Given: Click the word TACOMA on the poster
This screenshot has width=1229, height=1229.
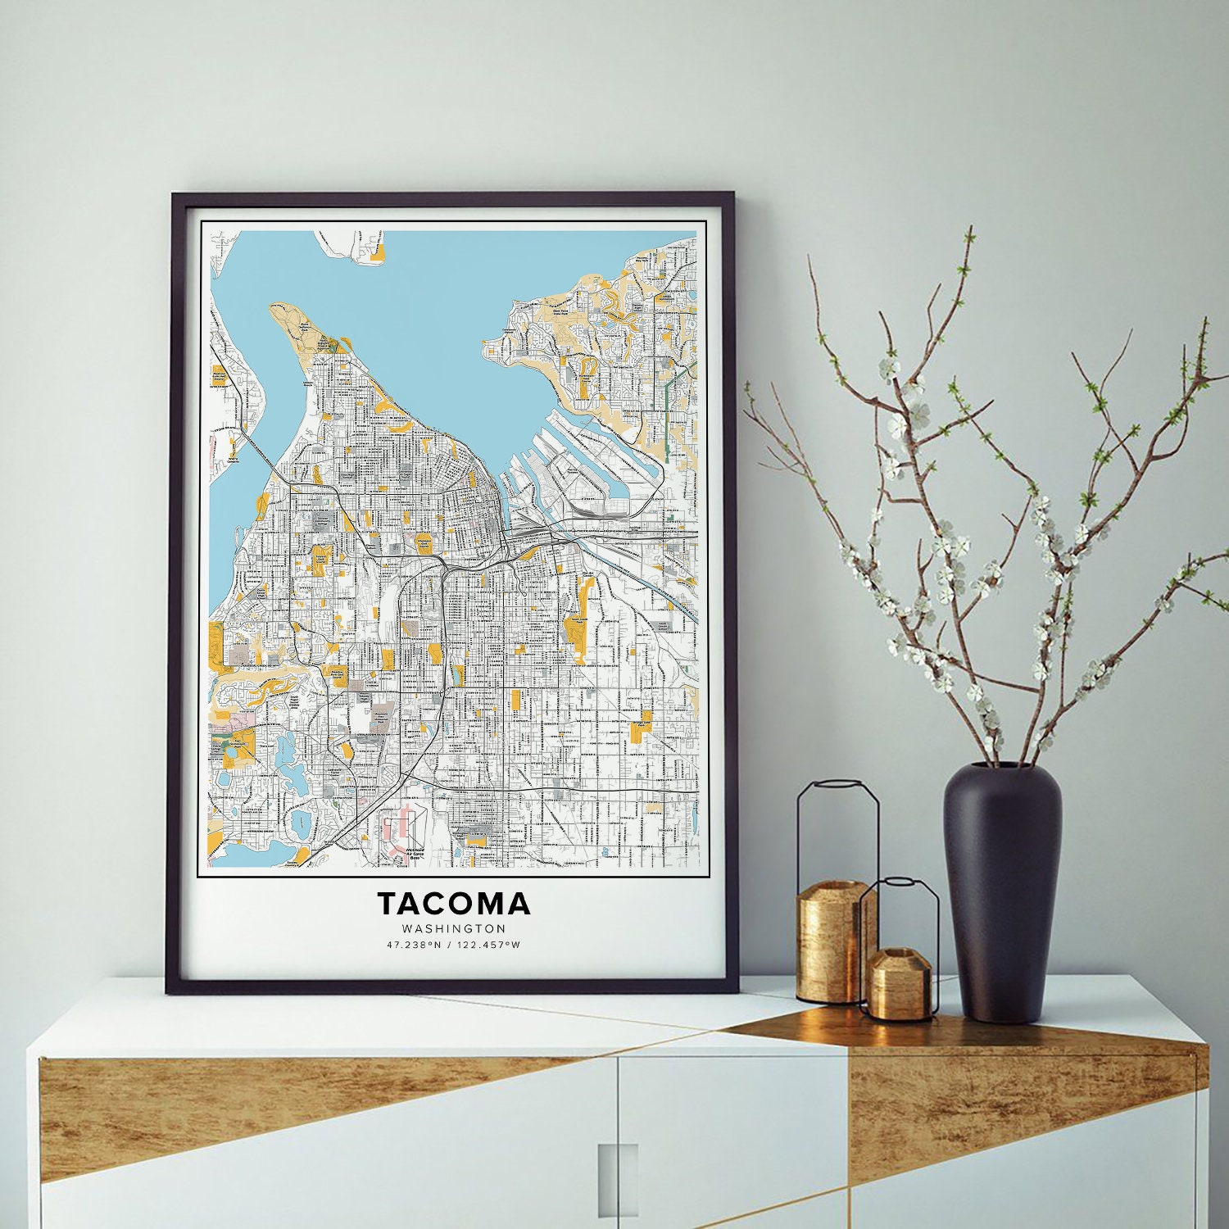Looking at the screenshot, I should [x=453, y=904].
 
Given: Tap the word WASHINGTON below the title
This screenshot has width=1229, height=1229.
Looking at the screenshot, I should [x=454, y=929].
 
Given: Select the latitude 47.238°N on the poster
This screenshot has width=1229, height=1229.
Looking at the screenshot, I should [x=415, y=945].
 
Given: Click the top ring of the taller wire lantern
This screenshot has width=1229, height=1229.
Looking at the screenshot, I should [x=838, y=785].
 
